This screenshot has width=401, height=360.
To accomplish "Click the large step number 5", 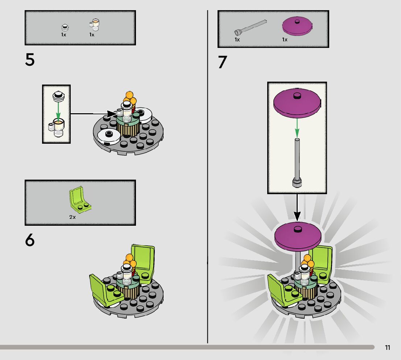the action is coord(30,60).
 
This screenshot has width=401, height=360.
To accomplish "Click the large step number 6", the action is coord(30,240).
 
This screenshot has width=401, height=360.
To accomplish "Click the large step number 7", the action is coord(223,62).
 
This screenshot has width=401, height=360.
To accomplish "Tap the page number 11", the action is coord(388,348).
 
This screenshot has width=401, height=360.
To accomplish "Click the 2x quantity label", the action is coord(73,217).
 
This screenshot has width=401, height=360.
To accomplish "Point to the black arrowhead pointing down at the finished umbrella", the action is coord(297,216).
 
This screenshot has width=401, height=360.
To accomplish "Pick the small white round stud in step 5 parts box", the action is coord(65,27).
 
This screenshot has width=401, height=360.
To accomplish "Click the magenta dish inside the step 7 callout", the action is coord(297,103).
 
